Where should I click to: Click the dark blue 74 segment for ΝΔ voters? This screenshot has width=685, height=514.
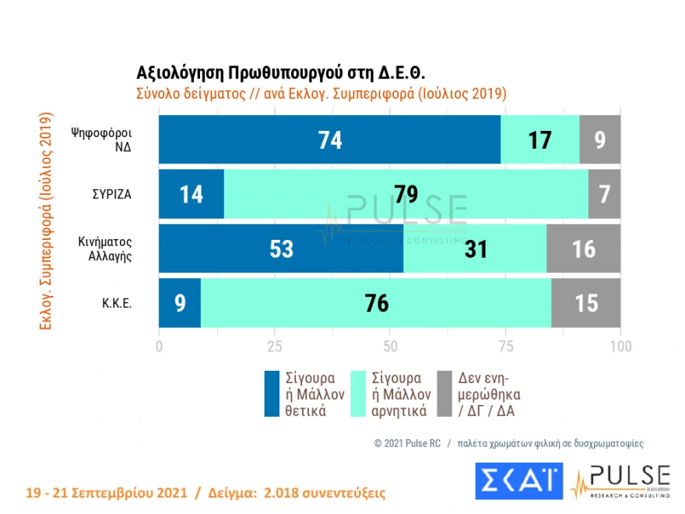pos(329,139)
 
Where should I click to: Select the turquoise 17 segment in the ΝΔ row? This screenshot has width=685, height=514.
pos(539,139)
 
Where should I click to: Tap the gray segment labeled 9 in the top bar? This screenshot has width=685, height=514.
pos(599,139)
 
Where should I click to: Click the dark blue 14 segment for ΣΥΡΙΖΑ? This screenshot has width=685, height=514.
pos(191,194)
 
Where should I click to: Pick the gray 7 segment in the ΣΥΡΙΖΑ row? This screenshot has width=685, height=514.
pos(604,194)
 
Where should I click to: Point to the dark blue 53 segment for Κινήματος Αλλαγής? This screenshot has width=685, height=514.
pos(281,248)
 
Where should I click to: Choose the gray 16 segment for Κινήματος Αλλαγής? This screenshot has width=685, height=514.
pos(583,248)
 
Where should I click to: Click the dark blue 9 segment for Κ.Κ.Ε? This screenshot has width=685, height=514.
pos(180,303)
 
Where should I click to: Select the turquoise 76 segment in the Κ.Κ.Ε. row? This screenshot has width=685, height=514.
pos(376,303)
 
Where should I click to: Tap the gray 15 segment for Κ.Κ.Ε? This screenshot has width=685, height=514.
pos(585,303)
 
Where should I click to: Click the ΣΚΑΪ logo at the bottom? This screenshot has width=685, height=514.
pos(518,481)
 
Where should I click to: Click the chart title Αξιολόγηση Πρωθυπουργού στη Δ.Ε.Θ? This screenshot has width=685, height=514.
pos(280,73)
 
